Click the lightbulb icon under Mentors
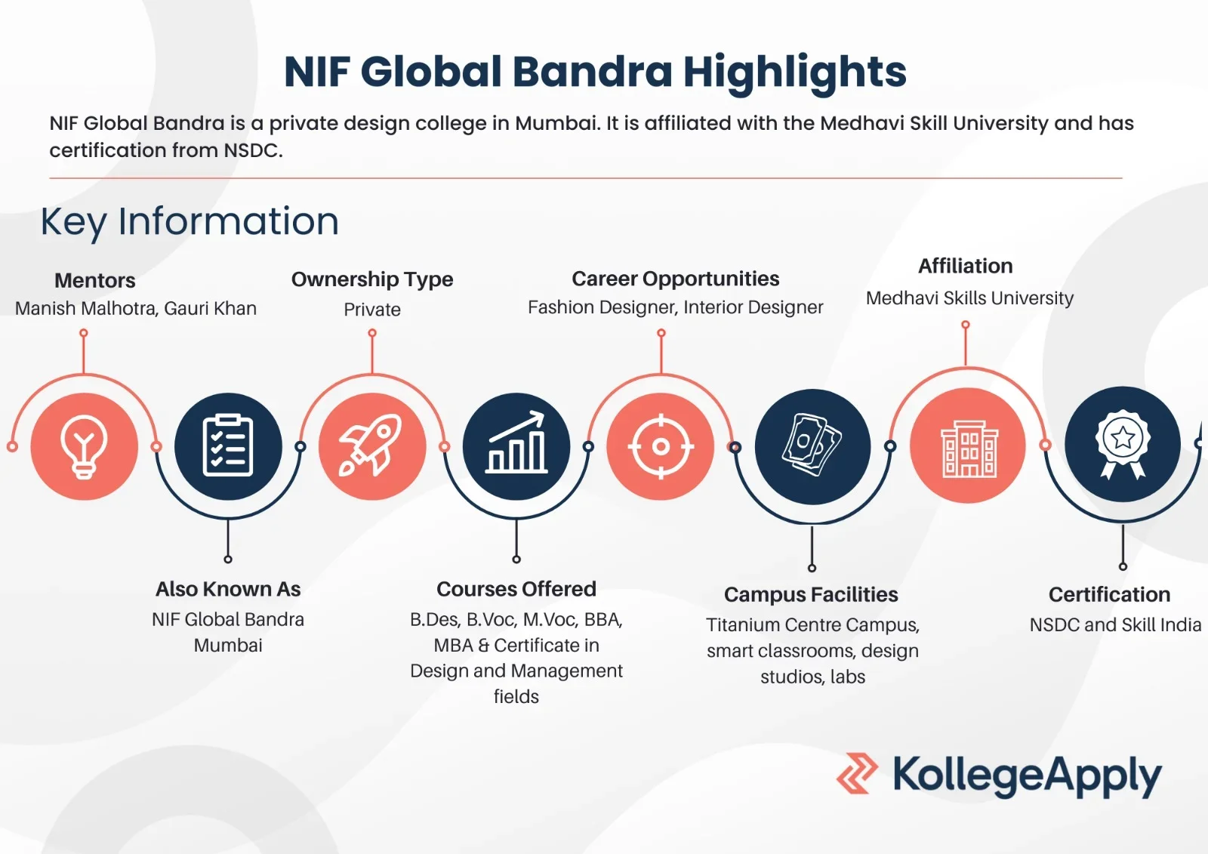84,447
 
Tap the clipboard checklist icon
227,445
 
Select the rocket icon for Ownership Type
371,445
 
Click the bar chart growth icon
516,442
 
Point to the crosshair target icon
661,447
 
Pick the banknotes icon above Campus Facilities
812,445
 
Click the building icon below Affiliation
969,449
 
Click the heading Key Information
190,222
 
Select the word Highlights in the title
795,72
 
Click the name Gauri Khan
211,308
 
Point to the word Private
372,310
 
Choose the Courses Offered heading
516,589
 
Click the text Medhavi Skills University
969,298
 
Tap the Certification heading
1109,594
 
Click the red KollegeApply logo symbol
857,774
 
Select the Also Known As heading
228,589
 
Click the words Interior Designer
753,307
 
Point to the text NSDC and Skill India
1115,624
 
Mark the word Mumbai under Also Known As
228,646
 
